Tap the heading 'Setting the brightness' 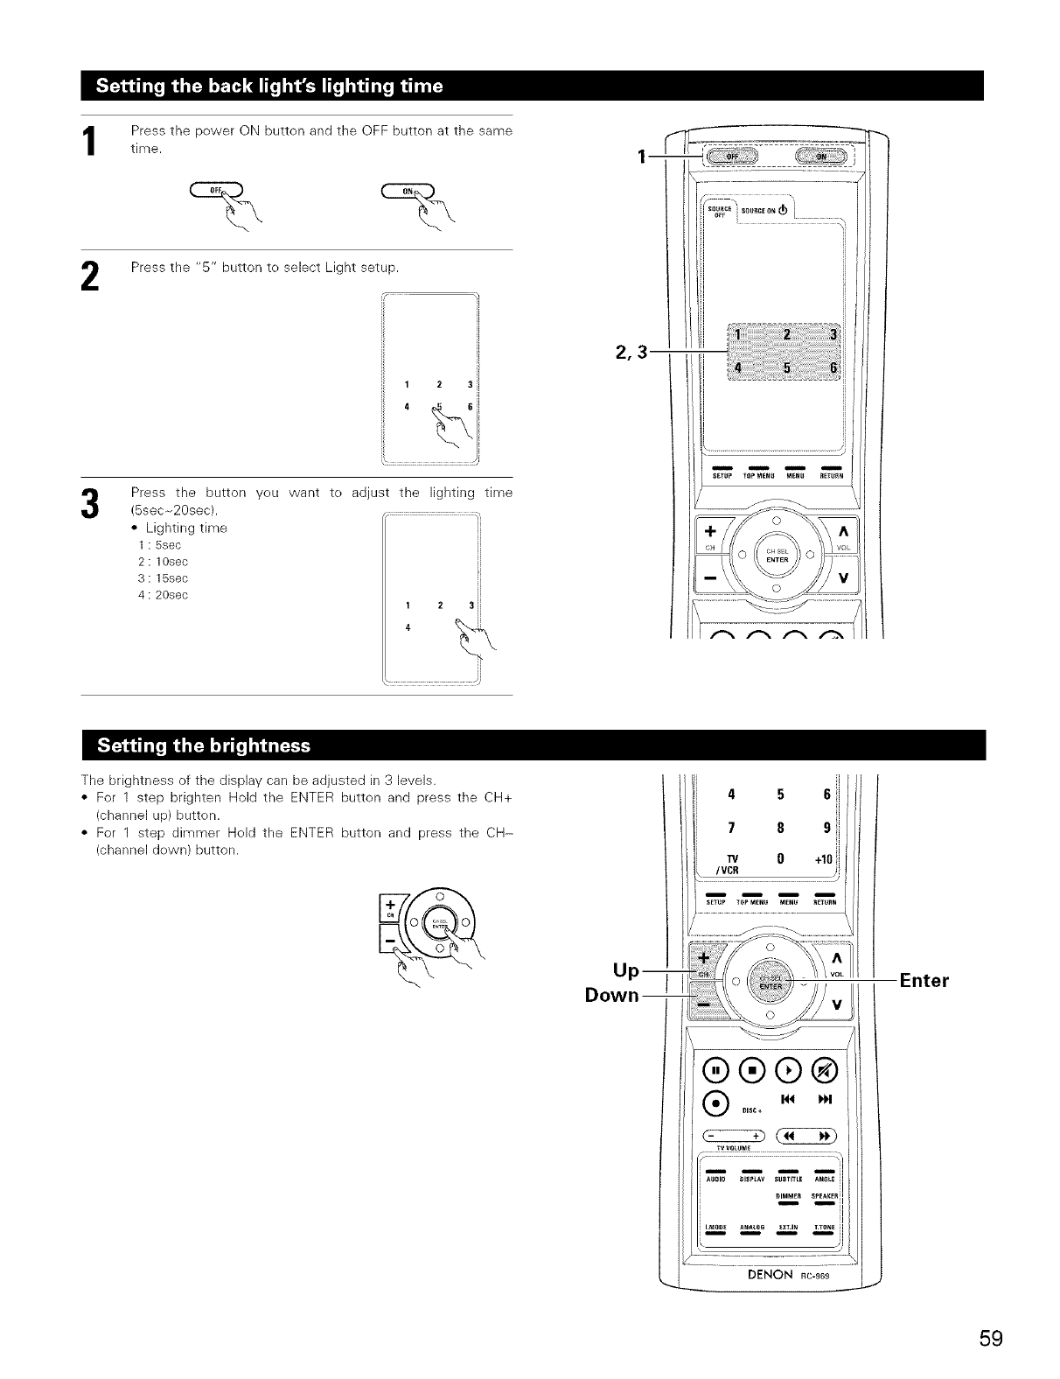pyautogui.click(x=204, y=745)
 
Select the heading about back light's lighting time pyautogui.click(x=269, y=86)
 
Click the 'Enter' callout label pyautogui.click(x=924, y=980)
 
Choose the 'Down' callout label pyautogui.click(x=611, y=996)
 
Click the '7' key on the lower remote pyautogui.click(x=729, y=827)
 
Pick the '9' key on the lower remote pyautogui.click(x=826, y=827)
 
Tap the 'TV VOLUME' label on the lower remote pyautogui.click(x=732, y=1148)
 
